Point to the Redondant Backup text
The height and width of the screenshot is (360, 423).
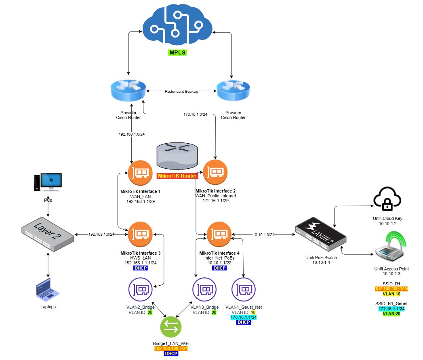[181, 92]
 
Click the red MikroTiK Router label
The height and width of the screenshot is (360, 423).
[177, 176]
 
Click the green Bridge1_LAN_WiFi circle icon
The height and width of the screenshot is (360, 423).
[171, 328]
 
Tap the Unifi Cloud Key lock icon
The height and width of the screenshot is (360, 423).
[387, 199]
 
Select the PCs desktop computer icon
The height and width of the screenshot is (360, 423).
[48, 183]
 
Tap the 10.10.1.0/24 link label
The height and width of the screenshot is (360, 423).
[263, 234]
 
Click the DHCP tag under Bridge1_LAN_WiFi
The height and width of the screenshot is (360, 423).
[171, 354]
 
